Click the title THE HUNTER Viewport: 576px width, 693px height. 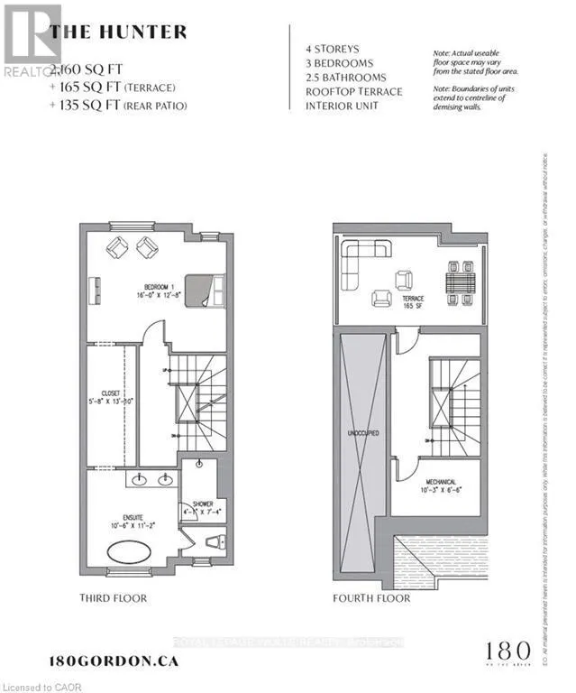[119, 32]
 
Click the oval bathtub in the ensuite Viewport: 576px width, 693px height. [133, 551]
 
